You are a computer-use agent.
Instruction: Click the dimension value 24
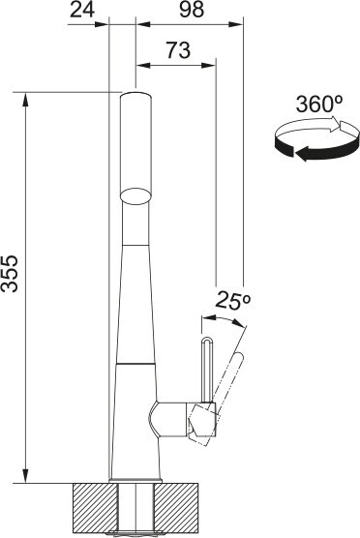82,10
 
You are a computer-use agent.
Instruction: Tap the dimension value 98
192,10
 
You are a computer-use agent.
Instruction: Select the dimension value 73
178,49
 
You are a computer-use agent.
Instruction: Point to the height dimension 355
10,273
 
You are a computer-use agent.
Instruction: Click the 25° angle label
233,301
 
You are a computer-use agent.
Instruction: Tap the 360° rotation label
319,104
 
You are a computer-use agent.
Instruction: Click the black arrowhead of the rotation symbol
302,154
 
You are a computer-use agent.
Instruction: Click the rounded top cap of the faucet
135,96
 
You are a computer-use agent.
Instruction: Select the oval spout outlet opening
135,196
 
